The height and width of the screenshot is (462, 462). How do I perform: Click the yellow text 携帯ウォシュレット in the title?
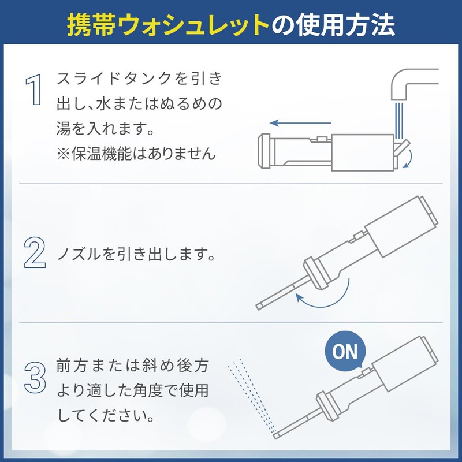(167, 24)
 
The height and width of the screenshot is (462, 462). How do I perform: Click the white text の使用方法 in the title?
(333, 24)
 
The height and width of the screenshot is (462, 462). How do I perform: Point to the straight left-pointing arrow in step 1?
(300, 123)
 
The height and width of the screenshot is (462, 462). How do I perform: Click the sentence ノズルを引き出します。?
(136, 255)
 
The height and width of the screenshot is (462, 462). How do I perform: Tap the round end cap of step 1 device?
(264, 151)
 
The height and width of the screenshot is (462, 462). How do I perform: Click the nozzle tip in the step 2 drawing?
(259, 306)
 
